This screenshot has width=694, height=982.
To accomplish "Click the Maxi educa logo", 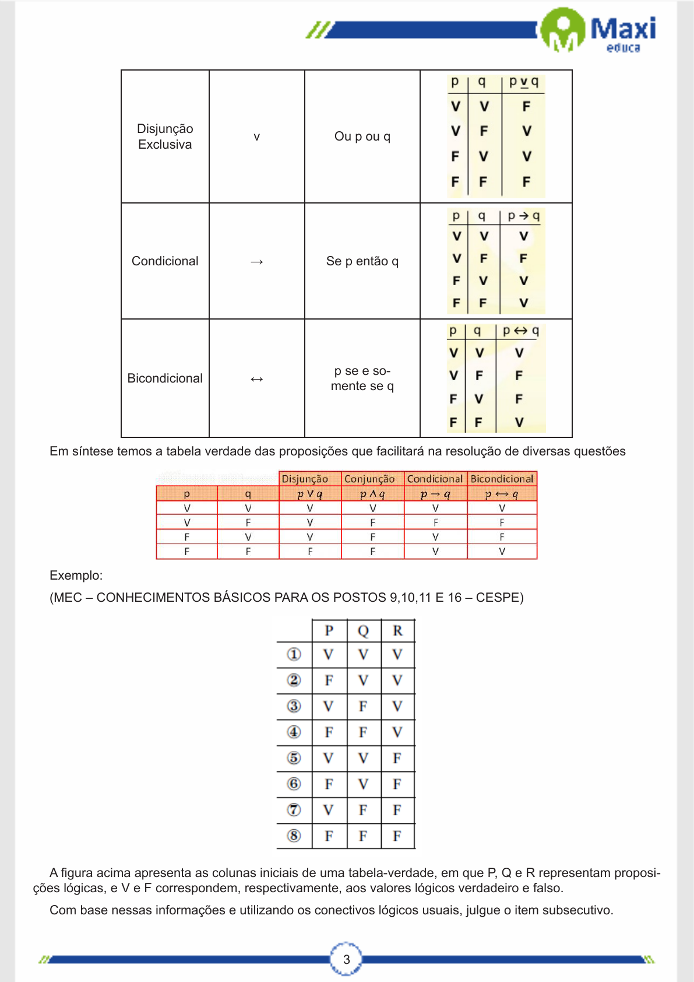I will point(598,30).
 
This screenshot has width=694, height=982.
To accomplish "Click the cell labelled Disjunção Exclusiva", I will point(165,136).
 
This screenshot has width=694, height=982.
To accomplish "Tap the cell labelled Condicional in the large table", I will point(165,261).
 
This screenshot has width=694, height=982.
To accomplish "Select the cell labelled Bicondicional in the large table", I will point(165,378).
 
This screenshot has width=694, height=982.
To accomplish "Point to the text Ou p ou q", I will point(362,136).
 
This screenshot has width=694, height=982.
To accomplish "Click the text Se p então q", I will point(362,261).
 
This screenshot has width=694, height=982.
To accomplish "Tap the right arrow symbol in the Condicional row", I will point(256,262).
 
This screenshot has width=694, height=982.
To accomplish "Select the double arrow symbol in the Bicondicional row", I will point(256,379).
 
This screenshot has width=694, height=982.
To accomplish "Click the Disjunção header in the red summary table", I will point(305,479).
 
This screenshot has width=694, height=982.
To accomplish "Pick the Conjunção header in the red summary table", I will point(369,479).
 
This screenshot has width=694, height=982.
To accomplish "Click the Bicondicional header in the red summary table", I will point(502,479).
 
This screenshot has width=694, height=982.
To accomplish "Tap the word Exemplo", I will point(76,576).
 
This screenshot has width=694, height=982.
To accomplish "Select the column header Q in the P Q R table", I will point(363,631).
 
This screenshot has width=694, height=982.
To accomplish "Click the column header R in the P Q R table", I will point(397,631).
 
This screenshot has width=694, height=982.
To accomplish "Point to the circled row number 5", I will point(294,758).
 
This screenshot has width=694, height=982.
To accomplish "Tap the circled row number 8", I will point(294,836).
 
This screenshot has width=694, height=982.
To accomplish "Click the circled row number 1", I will point(294,654).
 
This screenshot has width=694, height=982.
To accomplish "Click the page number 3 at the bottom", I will point(346,959).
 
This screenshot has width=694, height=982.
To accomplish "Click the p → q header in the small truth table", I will point(523,216).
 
